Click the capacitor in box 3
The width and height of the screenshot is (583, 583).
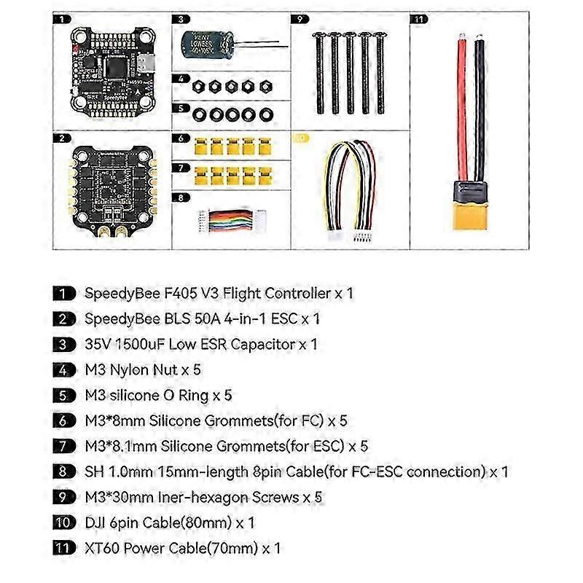206,45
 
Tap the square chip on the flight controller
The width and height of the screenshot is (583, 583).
112,67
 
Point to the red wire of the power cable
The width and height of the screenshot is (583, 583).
461,109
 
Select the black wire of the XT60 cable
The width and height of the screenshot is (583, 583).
479,109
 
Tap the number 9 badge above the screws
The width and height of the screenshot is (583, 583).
300,19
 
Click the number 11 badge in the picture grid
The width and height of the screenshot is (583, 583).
418,19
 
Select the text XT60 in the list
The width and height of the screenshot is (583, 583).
97,547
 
